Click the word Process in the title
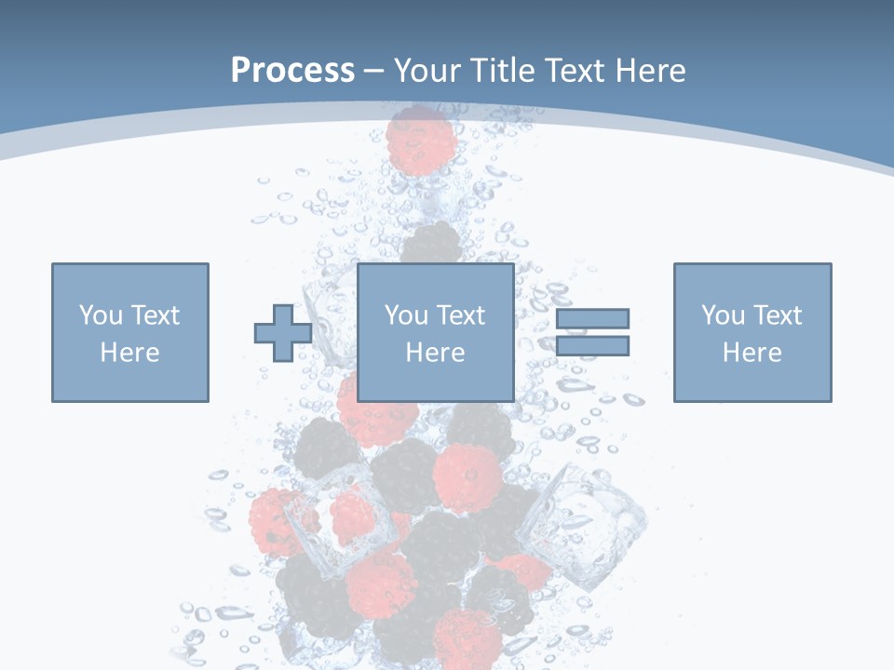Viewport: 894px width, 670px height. [x=292, y=70]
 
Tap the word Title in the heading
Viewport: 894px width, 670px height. [x=503, y=70]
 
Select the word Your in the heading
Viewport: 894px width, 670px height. [x=429, y=70]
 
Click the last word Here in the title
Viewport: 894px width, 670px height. [x=649, y=70]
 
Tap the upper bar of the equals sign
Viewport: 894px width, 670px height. [x=592, y=318]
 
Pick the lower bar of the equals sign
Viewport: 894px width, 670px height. [x=592, y=346]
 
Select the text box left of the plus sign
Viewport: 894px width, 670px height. [x=129, y=332]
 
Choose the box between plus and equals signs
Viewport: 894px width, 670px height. [x=435, y=332]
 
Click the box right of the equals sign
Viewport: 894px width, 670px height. [x=752, y=332]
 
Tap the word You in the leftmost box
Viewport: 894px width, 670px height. [x=101, y=315]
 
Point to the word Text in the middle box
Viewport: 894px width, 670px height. [x=461, y=315]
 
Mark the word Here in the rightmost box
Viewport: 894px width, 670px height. [x=752, y=352]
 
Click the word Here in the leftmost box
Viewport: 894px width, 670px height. [x=129, y=352]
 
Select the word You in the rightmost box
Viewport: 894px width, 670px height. [x=723, y=315]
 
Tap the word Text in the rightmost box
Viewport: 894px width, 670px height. [x=778, y=315]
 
